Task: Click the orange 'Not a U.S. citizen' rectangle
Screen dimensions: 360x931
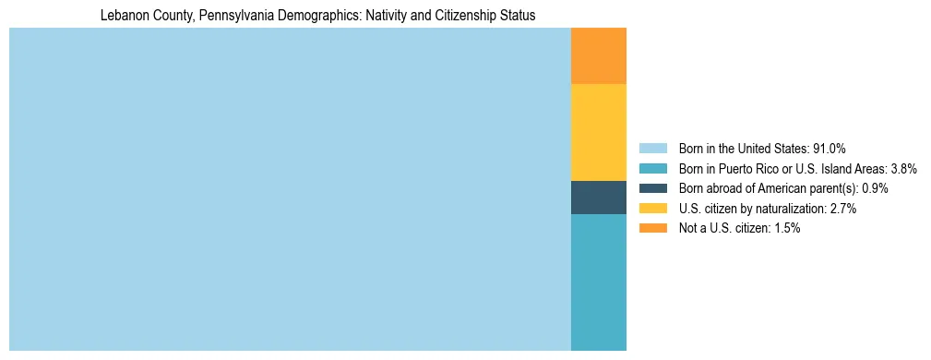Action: tap(599, 56)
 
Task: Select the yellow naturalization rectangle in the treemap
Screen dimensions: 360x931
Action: tap(599, 132)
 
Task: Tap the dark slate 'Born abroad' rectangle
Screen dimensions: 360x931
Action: tap(599, 198)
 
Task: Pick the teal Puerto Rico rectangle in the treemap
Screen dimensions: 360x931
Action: tap(599, 282)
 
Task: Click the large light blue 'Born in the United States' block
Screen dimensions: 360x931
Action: tap(290, 189)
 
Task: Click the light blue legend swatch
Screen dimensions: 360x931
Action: tap(652, 149)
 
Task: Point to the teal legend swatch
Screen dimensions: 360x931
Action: tap(652, 169)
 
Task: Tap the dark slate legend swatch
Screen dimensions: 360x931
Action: tap(652, 188)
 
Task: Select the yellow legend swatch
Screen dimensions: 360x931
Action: tap(652, 209)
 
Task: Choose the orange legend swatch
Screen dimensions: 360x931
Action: tap(652, 229)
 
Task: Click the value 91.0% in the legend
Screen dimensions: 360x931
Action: tap(829, 149)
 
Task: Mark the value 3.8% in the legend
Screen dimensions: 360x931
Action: tap(903, 169)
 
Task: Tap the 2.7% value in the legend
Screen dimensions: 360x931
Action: tap(842, 209)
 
